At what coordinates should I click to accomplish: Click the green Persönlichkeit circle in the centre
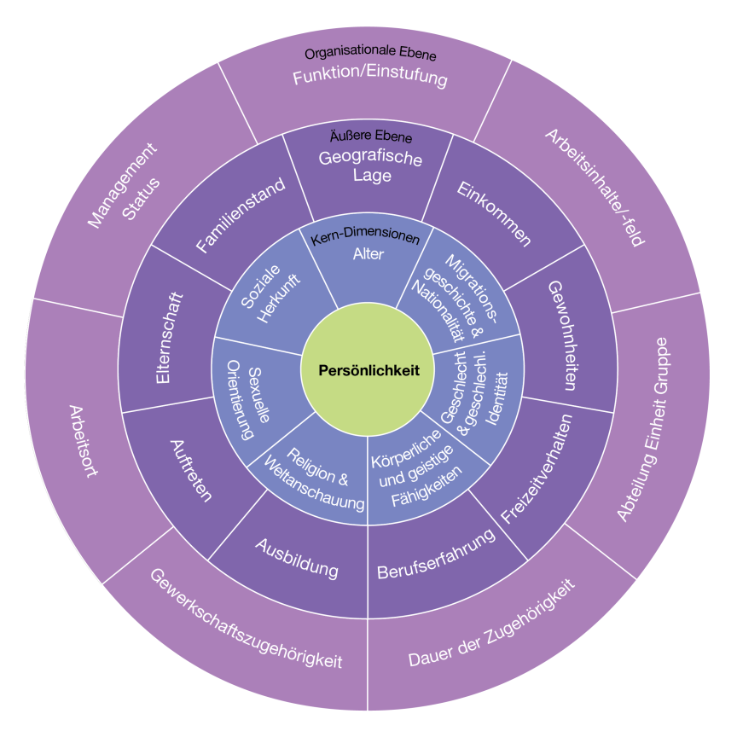[x=368, y=370]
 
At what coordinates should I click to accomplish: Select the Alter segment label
[x=368, y=254]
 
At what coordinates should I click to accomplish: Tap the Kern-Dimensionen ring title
[x=365, y=236]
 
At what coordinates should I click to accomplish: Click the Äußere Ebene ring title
[x=370, y=136]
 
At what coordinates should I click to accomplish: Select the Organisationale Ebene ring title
[x=370, y=55]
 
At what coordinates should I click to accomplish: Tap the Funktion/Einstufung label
[x=370, y=78]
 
